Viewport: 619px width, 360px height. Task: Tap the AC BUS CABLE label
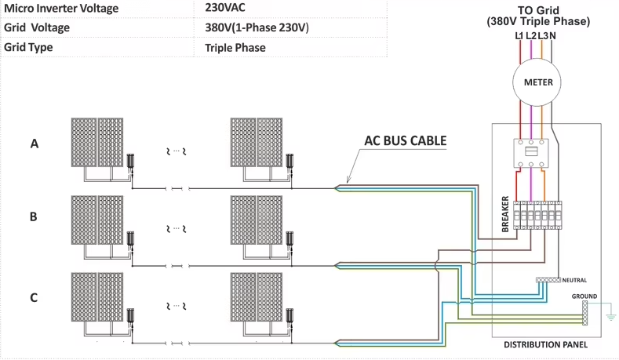click(405, 141)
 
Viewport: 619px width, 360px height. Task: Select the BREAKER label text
click(505, 214)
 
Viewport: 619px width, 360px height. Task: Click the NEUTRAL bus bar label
click(574, 280)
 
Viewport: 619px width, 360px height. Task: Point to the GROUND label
click(584, 296)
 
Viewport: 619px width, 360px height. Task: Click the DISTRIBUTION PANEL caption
click(545, 344)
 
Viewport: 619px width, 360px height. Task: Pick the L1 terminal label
click(519, 36)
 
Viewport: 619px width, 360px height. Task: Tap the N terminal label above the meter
click(552, 36)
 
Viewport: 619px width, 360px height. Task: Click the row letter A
click(35, 144)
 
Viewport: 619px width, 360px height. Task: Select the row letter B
click(34, 216)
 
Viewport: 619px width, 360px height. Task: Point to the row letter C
click(34, 297)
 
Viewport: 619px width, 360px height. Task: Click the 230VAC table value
click(225, 8)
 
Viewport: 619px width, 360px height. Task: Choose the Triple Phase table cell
click(235, 48)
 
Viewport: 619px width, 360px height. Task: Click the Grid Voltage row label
click(37, 27)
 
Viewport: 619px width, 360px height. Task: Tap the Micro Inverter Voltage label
click(61, 9)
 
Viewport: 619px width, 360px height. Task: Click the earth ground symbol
click(610, 315)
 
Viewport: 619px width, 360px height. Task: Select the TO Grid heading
click(538, 10)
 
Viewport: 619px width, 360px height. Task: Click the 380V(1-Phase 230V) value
click(257, 27)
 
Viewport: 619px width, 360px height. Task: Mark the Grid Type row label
click(28, 47)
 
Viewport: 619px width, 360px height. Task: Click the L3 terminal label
click(543, 36)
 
